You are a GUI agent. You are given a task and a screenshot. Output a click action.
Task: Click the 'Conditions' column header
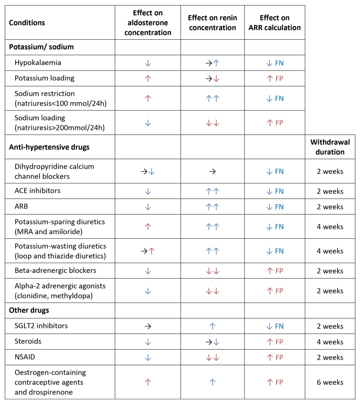[28, 22]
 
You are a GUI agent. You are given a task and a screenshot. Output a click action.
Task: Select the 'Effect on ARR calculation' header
[274, 22]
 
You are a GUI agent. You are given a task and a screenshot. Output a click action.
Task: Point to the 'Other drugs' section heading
[29, 310]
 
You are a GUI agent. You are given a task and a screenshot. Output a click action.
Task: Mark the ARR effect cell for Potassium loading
[274, 78]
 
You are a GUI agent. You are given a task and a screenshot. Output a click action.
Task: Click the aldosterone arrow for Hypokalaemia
[147, 62]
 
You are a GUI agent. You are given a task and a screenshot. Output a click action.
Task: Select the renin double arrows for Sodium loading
[212, 123]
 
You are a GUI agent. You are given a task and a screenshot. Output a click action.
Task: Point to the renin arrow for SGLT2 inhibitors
[212, 326]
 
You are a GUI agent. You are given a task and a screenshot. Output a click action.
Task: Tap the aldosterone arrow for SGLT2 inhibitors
[147, 326]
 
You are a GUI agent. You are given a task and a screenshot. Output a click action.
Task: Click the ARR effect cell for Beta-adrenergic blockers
[274, 271]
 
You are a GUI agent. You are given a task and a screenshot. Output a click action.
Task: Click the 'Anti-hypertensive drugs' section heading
[49, 147]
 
